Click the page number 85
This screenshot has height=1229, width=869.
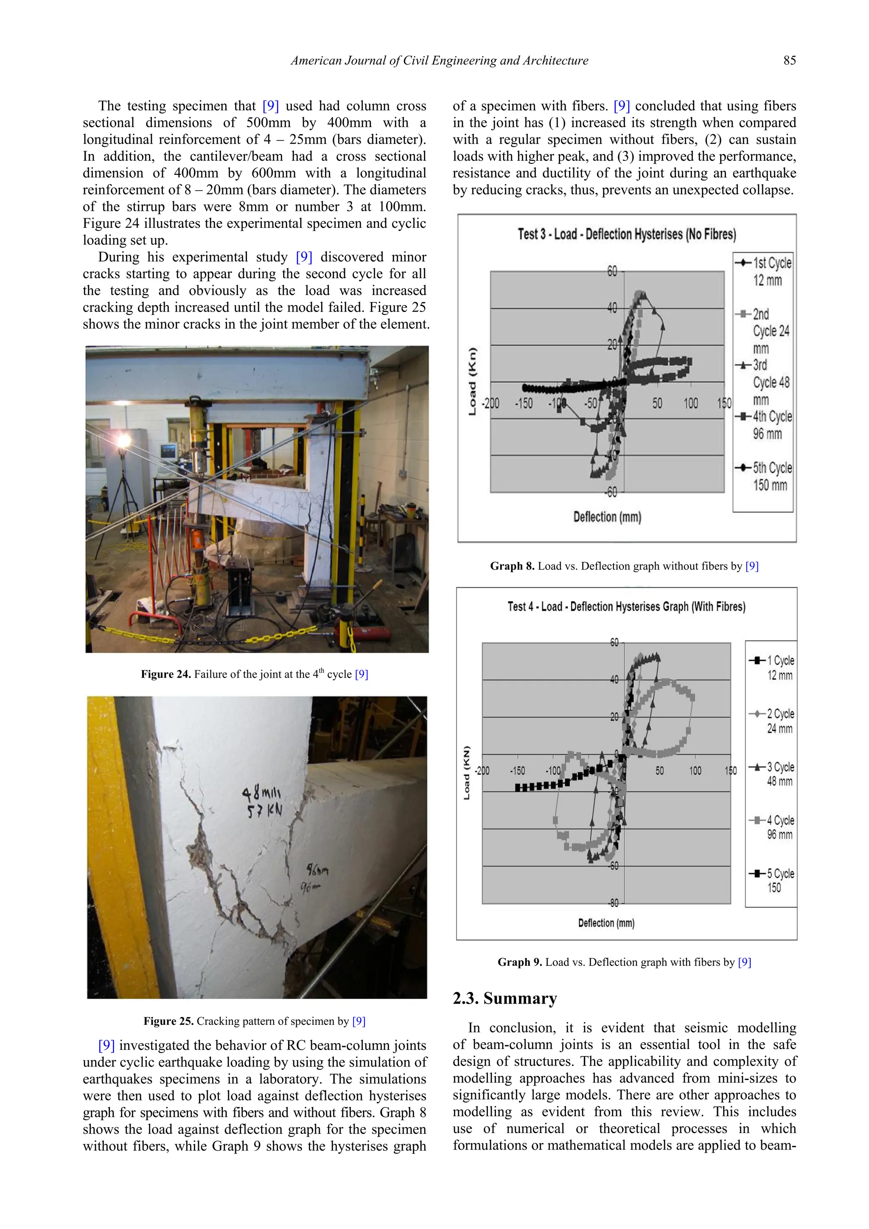(x=789, y=61)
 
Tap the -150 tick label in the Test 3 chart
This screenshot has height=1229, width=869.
(x=524, y=404)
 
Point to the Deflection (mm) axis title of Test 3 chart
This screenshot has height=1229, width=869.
(x=607, y=516)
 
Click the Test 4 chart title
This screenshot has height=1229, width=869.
(x=626, y=606)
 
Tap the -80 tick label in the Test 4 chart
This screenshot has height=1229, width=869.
(x=614, y=903)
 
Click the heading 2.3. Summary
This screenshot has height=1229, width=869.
(x=505, y=999)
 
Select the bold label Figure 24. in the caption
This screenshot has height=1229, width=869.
(x=166, y=674)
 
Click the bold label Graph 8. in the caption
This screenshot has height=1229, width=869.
(x=512, y=566)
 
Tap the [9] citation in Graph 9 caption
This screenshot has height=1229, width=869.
(x=744, y=962)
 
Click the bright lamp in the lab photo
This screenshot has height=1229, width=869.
(x=123, y=441)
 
